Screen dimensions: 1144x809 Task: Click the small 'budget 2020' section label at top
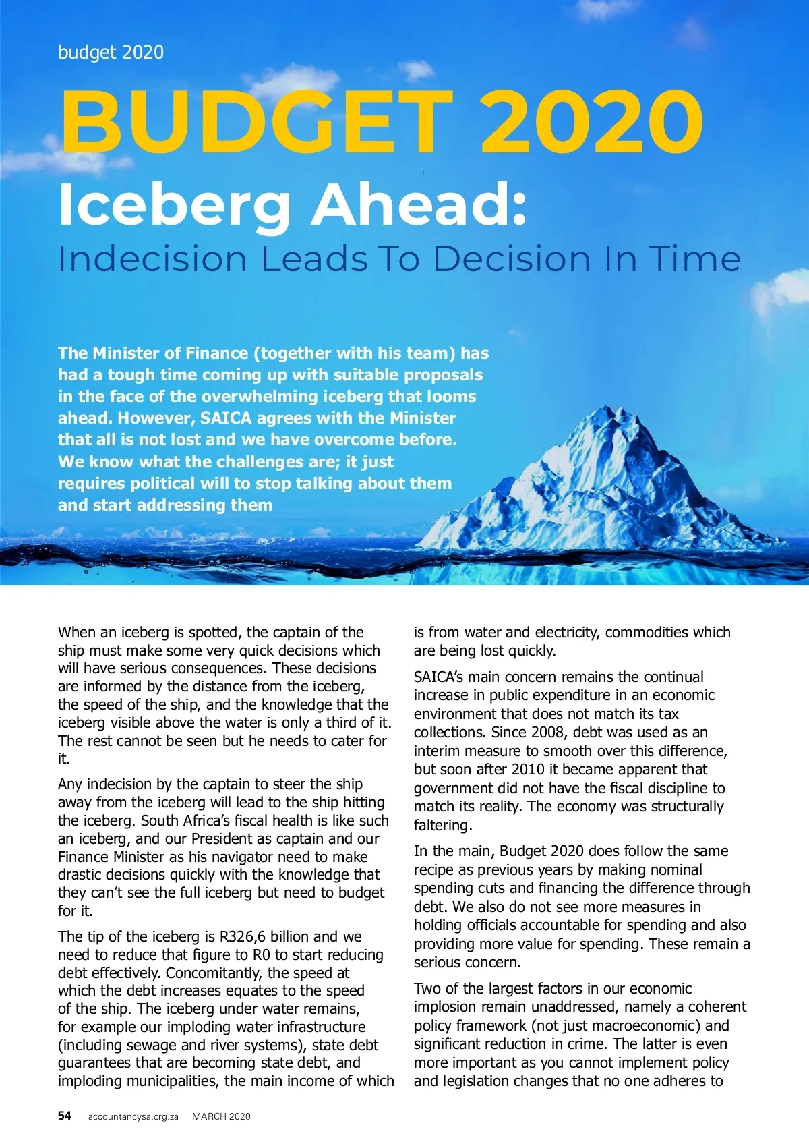click(111, 52)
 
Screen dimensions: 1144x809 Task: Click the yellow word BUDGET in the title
click(256, 121)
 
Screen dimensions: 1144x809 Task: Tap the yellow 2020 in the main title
click(591, 121)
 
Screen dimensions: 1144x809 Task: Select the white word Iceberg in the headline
click(175, 205)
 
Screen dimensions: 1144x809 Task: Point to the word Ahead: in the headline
click(418, 204)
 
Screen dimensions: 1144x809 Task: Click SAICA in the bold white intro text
click(227, 418)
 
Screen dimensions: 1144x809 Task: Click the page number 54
click(64, 1116)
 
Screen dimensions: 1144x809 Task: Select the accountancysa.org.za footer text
click(133, 1116)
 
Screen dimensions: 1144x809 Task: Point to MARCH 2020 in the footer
click(221, 1116)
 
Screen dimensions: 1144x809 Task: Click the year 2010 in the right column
click(528, 769)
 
